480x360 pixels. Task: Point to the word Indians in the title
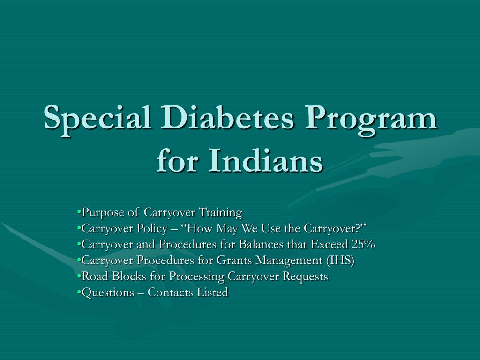point(265,160)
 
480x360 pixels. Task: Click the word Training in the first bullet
point(220,213)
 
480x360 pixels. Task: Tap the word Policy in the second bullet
point(152,229)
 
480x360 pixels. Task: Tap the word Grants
point(234,260)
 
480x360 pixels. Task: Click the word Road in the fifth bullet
point(95,276)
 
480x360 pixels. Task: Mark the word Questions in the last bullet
point(108,292)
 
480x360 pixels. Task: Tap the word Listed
point(212,292)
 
